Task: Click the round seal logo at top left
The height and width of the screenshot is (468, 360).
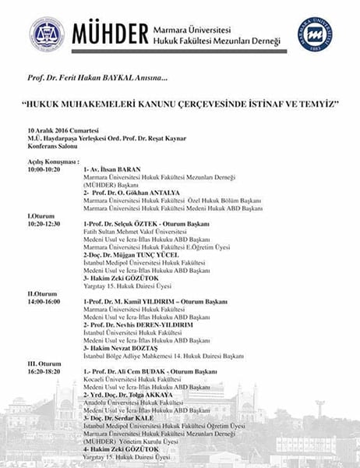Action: click(x=47, y=34)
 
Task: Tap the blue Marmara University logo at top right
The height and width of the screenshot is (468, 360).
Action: click(x=315, y=34)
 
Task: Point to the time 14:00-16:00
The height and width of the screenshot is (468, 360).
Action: click(x=44, y=303)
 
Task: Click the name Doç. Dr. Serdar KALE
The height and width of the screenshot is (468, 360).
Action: click(x=125, y=418)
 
